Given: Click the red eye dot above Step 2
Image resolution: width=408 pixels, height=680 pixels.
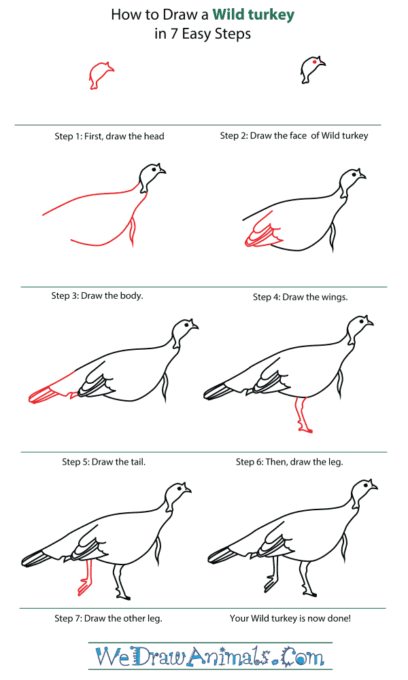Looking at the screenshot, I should [x=313, y=62].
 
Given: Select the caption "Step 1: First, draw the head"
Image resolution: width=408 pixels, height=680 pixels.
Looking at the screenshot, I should [x=109, y=136].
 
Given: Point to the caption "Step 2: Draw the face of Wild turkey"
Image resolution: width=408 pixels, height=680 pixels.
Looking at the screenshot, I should [x=294, y=135].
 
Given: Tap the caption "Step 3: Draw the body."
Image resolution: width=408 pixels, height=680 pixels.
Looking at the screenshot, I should [x=97, y=296].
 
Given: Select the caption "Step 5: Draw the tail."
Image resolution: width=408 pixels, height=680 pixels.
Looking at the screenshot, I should [x=103, y=462].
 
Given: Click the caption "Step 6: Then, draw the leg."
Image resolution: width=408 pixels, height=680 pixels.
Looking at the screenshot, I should [x=289, y=462].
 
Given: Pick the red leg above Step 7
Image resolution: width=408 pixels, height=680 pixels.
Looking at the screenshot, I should [x=86, y=577].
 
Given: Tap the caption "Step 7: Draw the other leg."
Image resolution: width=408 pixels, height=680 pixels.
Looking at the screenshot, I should [x=108, y=619].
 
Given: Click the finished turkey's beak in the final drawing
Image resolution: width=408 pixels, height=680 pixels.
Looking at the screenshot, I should [x=375, y=490].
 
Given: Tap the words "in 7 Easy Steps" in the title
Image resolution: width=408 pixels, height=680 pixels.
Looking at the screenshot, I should [x=203, y=34].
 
